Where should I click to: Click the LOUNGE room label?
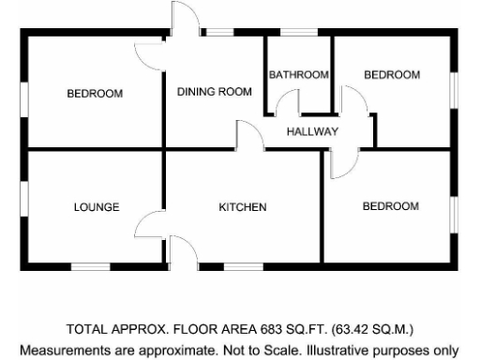tap(97, 207)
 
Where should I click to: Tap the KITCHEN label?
tap(244, 207)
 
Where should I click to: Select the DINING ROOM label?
tap(215, 92)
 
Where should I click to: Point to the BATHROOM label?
tap(298, 75)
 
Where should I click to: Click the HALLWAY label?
tap(312, 131)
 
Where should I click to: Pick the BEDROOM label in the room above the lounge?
tap(95, 94)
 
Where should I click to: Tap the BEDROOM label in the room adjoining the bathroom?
tap(391, 75)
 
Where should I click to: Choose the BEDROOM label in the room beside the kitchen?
tap(390, 206)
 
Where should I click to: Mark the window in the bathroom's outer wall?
tap(299, 34)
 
